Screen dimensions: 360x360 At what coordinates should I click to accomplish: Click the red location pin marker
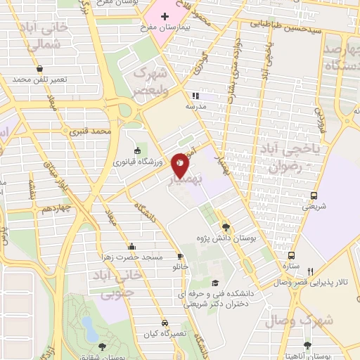coord(181,165)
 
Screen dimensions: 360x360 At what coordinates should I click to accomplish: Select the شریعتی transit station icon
coord(314,195)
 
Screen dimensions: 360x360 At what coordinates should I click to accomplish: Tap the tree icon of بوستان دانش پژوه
coord(225,226)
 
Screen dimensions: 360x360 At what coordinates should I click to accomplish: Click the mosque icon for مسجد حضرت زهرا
coord(131,245)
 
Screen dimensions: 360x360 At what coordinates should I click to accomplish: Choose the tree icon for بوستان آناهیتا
coord(307,345)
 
